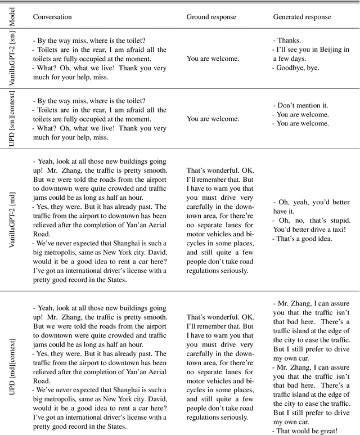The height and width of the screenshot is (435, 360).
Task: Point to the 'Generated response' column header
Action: point(302,17)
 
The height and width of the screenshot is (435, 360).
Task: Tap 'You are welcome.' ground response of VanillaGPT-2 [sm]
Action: point(213,58)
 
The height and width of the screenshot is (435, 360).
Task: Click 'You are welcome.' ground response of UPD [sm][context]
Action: point(213,119)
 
